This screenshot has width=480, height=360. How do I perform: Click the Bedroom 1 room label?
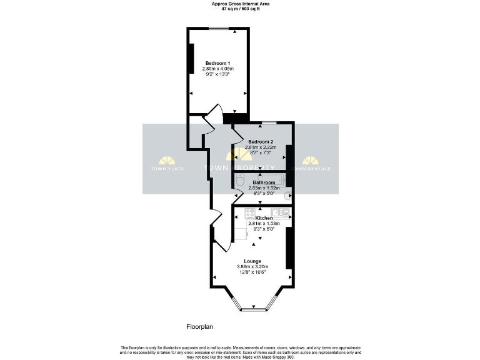[218, 63]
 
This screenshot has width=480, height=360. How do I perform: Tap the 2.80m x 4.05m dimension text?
[218, 69]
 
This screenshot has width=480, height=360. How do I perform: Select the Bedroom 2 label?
[261, 142]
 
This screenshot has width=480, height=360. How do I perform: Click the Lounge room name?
[252, 261]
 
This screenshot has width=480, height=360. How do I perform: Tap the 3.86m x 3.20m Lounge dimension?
[252, 266]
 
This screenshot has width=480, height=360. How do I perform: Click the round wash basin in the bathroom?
[288, 196]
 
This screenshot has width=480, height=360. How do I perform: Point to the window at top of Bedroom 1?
[218, 28]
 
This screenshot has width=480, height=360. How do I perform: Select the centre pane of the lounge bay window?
[252, 310]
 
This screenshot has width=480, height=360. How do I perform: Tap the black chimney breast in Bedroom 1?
[191, 59]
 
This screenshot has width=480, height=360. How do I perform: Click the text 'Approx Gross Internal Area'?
[240, 4]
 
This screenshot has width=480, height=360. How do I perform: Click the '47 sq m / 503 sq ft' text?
[240, 9]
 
